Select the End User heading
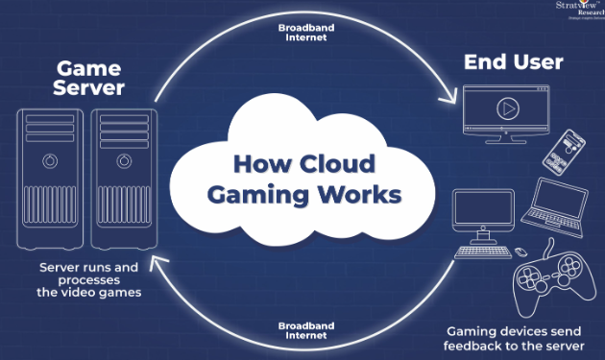tap(514, 63)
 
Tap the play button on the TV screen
tap(505, 108)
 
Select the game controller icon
tap(549, 279)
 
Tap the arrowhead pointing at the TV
tap(448, 97)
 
